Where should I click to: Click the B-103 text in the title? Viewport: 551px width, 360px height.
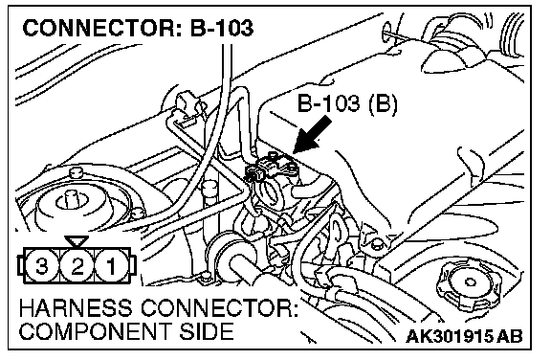click(222, 28)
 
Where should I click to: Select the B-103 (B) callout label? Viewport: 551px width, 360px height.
click(347, 103)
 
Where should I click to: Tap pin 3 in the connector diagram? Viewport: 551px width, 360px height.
click(42, 265)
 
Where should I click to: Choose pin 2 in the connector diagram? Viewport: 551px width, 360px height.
click(77, 265)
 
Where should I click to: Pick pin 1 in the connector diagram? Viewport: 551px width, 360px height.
click(111, 265)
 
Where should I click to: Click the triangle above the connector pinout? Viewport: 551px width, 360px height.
click(77, 241)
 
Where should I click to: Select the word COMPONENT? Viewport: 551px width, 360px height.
click(94, 331)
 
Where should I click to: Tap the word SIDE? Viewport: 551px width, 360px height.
click(204, 331)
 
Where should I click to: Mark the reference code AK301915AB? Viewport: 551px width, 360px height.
click(464, 336)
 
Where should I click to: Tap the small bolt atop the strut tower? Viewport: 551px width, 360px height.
click(76, 173)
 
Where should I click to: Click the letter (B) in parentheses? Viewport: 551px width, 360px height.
click(383, 103)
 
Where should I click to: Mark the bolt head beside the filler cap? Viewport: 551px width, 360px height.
click(377, 243)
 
